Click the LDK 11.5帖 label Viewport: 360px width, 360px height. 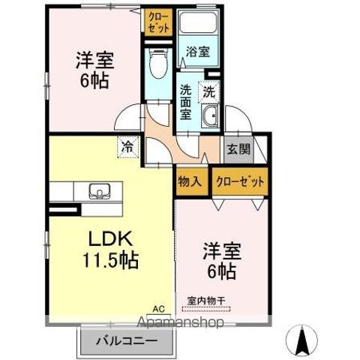[112, 250]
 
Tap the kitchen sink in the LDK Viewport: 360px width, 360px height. [99, 190]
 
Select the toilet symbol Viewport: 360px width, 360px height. [157, 66]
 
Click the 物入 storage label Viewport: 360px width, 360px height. [188, 181]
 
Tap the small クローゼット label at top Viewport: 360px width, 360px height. [158, 21]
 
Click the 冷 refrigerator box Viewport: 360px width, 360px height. [127, 146]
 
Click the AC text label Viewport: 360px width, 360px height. [158, 308]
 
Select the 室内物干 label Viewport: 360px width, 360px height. [206, 302]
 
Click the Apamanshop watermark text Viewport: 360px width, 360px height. [180, 323]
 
